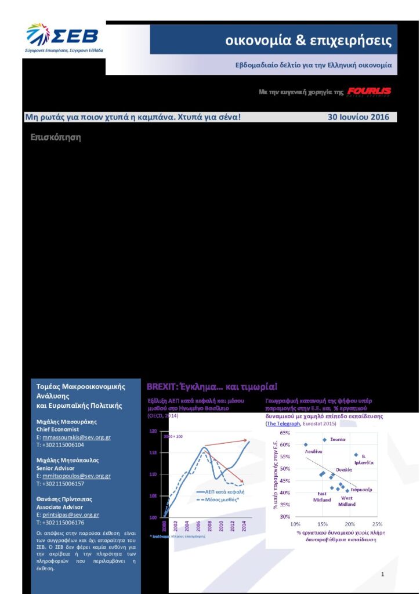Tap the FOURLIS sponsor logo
[369, 92]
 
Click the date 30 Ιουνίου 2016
[358, 117]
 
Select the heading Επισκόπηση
[55, 138]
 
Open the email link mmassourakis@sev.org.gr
[77, 437]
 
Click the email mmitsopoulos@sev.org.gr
[77, 476]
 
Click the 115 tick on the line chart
[154, 452]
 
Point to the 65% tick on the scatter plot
[284, 433]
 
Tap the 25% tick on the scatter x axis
[377, 524]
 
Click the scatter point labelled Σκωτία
[324, 440]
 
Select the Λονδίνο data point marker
[306, 445]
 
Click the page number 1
[383, 574]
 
